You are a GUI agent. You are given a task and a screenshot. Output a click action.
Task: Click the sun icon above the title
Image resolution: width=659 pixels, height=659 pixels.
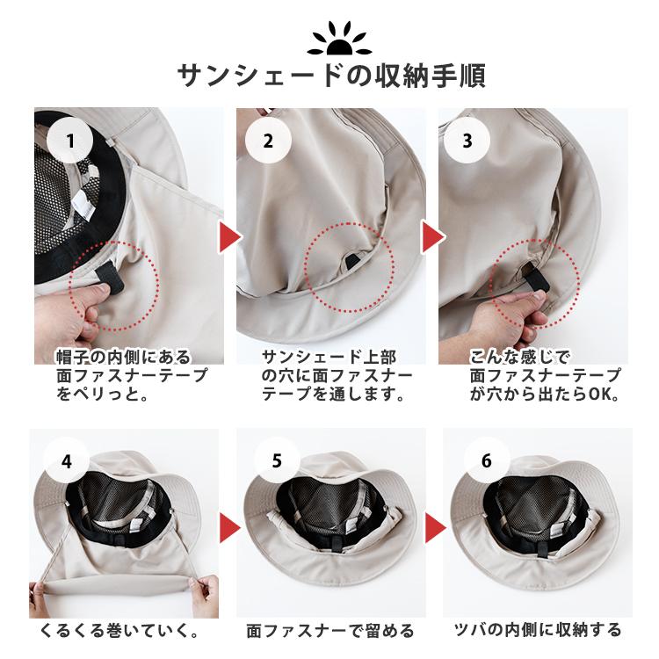[x=339, y=40]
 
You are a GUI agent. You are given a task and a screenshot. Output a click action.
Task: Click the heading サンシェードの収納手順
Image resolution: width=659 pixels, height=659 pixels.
[x=331, y=76]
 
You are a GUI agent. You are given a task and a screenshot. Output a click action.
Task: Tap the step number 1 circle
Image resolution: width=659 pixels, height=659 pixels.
[x=69, y=141]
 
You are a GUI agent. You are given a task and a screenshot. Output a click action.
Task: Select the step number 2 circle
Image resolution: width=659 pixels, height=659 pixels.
[x=268, y=141]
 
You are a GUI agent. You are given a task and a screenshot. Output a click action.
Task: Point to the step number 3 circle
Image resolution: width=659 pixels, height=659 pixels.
[x=467, y=141]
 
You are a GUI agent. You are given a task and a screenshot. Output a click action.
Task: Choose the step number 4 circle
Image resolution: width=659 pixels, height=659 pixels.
[x=67, y=461]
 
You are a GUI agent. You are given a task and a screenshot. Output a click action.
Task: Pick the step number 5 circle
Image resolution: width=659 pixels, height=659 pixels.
[x=277, y=461]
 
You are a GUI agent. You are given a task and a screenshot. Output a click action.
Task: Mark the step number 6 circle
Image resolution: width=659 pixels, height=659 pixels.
[x=486, y=461]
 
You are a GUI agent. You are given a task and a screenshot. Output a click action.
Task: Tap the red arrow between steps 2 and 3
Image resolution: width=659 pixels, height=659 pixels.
[x=432, y=237]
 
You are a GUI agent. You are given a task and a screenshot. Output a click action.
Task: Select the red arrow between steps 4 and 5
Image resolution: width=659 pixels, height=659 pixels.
[x=228, y=527]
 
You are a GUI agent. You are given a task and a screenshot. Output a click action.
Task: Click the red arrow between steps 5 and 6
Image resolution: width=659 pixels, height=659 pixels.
[x=435, y=527]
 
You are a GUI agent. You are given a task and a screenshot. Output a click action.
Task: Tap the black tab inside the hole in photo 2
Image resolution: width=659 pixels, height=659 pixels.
[x=352, y=261]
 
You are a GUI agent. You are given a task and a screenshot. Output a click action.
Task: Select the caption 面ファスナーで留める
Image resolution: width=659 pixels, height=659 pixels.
[x=330, y=630]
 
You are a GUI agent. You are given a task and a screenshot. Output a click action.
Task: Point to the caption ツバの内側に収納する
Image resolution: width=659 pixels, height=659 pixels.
[x=538, y=630]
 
